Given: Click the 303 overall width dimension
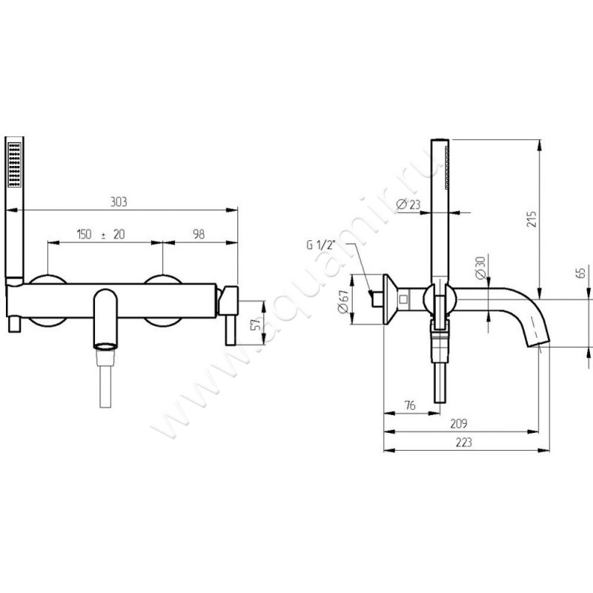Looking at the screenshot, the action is (119, 202).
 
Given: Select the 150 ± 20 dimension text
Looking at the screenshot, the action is (101, 234).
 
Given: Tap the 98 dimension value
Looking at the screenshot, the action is (199, 234).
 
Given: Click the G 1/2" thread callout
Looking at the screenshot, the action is (321, 245).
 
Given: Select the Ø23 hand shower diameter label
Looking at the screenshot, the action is (408, 205).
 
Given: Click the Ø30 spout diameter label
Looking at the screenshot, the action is (480, 268).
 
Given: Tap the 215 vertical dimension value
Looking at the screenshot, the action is (531, 219).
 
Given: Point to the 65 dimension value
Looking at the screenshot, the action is (581, 272).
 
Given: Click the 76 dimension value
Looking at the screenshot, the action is (410, 405).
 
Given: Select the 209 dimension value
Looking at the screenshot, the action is (459, 423).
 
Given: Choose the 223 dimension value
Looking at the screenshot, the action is (464, 442).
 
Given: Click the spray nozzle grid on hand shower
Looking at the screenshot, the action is (15, 165).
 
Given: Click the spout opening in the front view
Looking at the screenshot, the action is (105, 346).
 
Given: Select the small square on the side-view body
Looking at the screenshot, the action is (404, 299).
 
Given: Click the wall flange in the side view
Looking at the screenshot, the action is (389, 299).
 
